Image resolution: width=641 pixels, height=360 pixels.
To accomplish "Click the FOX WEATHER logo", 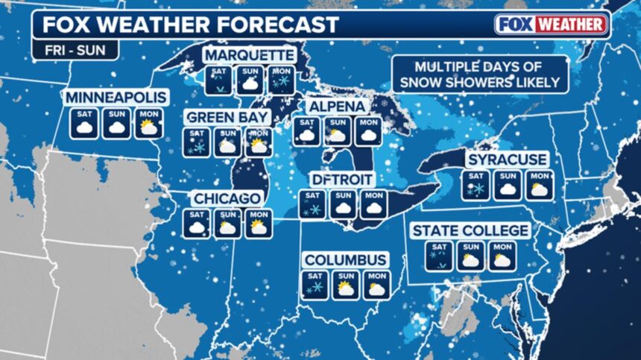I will click(552, 24).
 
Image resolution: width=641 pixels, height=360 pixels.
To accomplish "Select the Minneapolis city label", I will click(116, 98).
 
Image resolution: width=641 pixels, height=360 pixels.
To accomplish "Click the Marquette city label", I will click(250, 56).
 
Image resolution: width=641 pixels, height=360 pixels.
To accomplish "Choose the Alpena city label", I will click(338, 107).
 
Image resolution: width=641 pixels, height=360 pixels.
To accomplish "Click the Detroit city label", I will click(342, 180).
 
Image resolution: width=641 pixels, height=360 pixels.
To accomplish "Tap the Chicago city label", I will click(227, 198).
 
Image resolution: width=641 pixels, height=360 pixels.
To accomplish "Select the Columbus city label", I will click(346, 259).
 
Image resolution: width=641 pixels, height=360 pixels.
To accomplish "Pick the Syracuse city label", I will click(507, 160).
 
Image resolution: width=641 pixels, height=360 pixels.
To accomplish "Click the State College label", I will click(471, 230).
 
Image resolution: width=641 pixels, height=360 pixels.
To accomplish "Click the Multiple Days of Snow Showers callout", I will click(477, 73).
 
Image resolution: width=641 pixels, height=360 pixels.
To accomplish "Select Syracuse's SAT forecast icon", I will click(476, 186).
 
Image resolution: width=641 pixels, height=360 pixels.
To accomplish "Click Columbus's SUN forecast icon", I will click(345, 285).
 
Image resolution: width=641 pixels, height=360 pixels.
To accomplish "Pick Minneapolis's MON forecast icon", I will click(148, 124).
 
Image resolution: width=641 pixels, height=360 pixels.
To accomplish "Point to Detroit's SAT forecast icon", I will click(312, 205).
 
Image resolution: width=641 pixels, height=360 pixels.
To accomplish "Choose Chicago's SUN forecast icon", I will click(227, 223).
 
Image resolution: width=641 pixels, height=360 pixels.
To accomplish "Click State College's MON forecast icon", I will click(502, 256).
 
